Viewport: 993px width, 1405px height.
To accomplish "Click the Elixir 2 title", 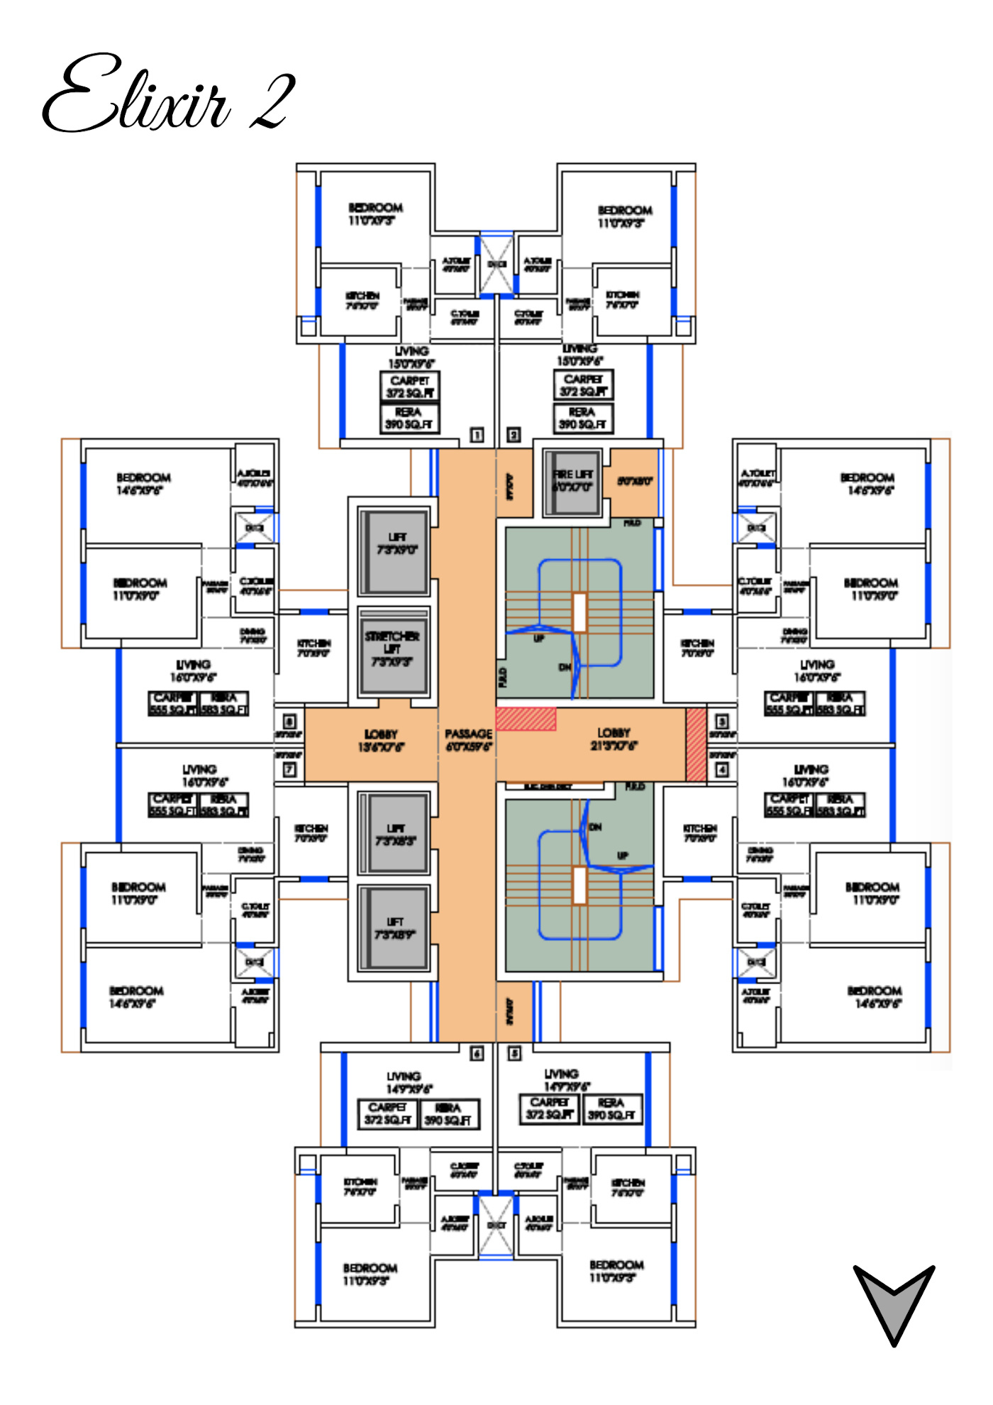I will (x=169, y=94).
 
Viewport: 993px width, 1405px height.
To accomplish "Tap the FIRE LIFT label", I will (x=573, y=480).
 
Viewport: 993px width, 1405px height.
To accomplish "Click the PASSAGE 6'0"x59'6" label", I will (x=468, y=739).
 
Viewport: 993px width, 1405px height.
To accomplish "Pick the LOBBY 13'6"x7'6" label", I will (x=381, y=740).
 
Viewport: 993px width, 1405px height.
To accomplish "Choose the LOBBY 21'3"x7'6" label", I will (x=614, y=739).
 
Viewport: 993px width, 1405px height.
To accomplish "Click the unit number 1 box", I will (x=477, y=434).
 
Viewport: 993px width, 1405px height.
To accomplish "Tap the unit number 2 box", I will (x=514, y=434).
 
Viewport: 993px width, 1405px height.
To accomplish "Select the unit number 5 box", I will (x=514, y=1054).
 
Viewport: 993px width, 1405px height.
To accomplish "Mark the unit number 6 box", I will (x=477, y=1054).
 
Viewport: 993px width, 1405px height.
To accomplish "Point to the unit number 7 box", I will (x=289, y=769).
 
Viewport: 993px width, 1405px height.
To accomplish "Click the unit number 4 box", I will (x=722, y=769).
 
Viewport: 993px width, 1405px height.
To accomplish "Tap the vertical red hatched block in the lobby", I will (x=696, y=745).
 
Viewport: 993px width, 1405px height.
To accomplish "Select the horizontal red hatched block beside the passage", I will (x=526, y=719).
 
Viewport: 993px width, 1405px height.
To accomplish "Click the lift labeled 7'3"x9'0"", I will (x=396, y=544).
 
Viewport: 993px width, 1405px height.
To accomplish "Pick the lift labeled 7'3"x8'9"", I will (x=395, y=928).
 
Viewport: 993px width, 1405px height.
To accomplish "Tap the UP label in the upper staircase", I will (x=539, y=639).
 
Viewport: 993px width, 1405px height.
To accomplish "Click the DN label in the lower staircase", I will (x=596, y=827).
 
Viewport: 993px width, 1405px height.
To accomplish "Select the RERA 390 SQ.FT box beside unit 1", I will (x=409, y=418).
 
